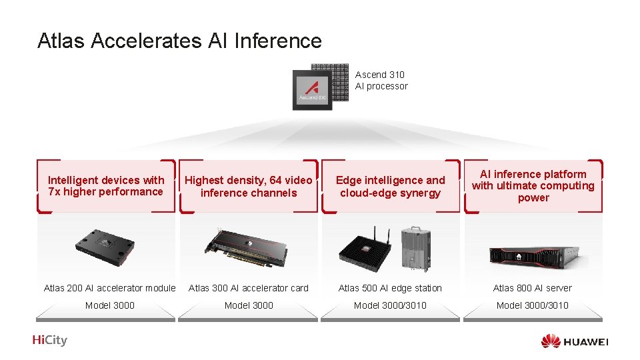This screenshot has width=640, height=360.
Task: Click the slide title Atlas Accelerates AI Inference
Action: (179, 41)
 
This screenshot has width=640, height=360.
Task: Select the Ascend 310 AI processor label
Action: (381, 81)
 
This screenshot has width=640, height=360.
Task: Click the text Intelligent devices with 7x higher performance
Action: (106, 186)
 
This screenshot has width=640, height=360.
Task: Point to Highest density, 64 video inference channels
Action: (249, 187)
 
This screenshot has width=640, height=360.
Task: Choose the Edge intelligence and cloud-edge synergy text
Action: (391, 187)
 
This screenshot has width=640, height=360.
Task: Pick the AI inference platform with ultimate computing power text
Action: (533, 186)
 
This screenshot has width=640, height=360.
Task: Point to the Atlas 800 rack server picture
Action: (533, 254)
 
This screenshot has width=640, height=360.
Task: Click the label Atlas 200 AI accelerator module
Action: (110, 288)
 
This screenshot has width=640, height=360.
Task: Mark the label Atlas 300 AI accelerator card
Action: (249, 288)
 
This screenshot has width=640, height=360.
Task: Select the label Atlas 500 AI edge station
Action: (390, 288)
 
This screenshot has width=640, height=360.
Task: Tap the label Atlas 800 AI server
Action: (533, 288)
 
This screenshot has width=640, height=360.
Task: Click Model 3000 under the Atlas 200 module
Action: (110, 305)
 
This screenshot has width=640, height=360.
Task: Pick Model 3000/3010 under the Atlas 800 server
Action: (533, 305)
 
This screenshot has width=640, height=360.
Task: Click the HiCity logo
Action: (50, 341)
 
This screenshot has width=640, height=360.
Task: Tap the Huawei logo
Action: (575, 341)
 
